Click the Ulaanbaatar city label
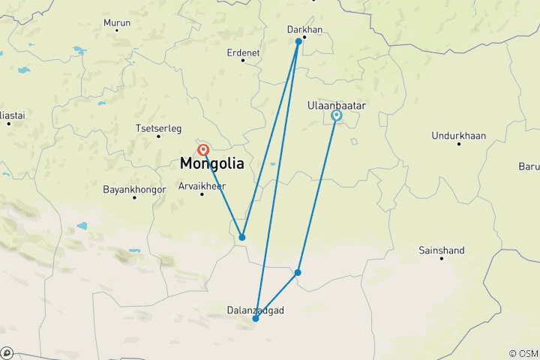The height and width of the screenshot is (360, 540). [337, 106]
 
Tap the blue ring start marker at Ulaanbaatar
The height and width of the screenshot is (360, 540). [337, 115]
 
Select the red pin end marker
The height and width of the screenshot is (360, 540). [202, 150]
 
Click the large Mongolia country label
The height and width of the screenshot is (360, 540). [211, 163]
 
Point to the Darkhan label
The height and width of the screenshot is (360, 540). [305, 29]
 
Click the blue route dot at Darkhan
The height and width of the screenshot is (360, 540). [298, 41]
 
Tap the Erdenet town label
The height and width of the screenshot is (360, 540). [243, 52]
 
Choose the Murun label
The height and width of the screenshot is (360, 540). [117, 22]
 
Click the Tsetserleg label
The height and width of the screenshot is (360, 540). [159, 127]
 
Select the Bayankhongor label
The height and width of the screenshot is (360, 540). [135, 189]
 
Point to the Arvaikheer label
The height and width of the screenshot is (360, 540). [202, 186]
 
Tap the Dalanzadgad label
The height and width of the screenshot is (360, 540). [255, 309]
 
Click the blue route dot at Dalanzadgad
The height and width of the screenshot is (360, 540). [256, 319]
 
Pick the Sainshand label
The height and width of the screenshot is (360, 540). [442, 250]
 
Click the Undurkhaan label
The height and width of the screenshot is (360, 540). [459, 135]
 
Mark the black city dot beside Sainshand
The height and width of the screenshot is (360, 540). [442, 259]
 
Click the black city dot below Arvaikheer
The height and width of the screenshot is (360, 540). [202, 194]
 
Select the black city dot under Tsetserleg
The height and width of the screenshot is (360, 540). [159, 136]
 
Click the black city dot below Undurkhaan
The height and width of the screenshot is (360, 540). [459, 143]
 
